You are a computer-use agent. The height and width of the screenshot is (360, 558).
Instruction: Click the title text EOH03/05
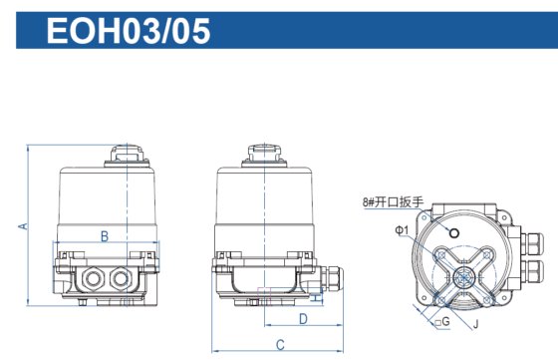[129, 31]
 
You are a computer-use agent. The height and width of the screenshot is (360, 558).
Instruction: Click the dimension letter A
[21, 227]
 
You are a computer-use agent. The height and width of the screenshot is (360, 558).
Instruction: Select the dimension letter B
[105, 235]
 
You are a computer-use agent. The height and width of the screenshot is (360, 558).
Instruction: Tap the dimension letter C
[280, 345]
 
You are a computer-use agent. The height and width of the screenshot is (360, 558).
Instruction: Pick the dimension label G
[445, 322]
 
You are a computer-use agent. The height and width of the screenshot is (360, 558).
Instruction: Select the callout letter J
[475, 322]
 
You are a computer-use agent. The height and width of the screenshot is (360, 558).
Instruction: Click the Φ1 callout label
[402, 230]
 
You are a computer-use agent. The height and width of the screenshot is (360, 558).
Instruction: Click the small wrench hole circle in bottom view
[454, 232]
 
